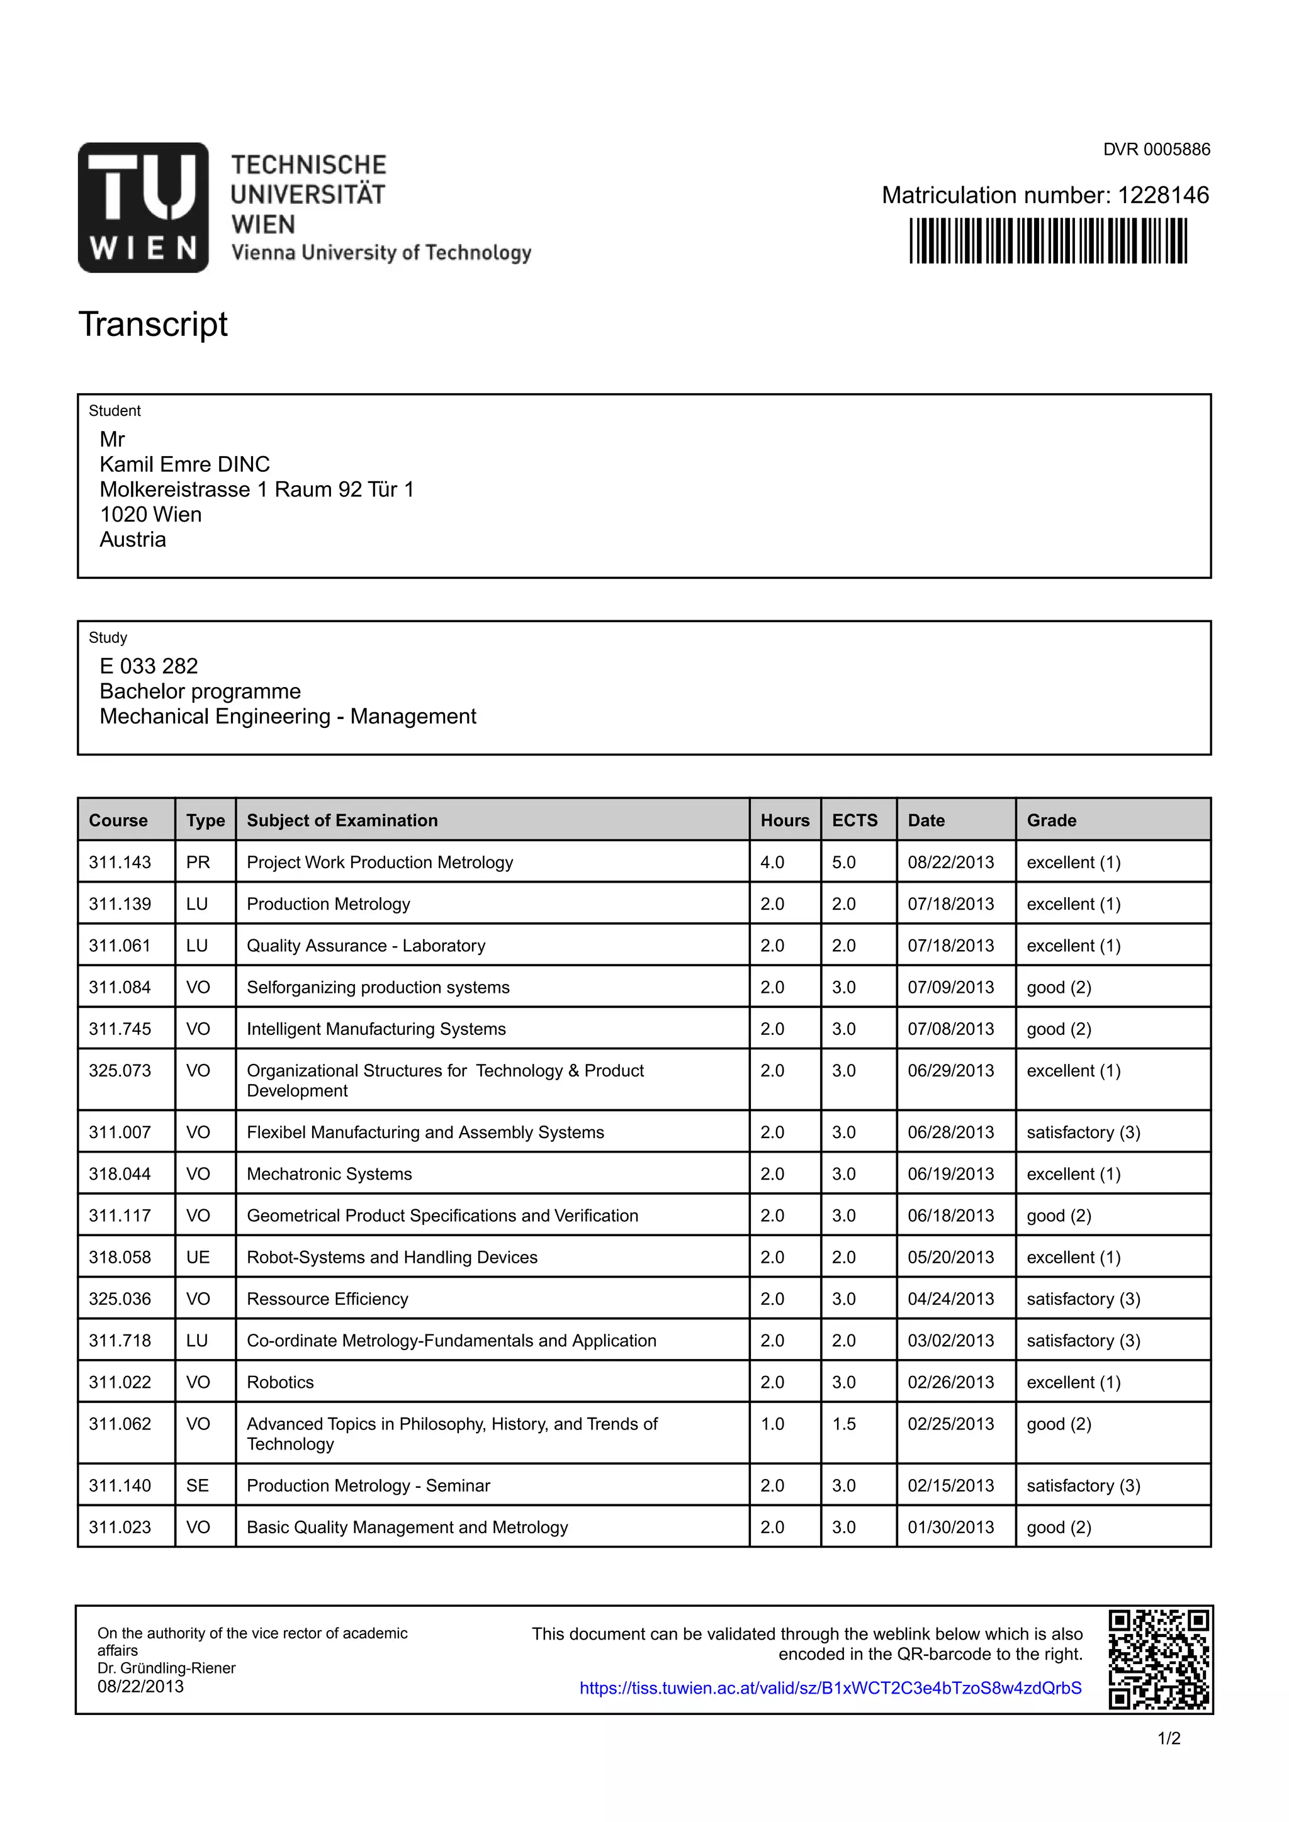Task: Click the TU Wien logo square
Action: coord(143,207)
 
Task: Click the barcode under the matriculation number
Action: coord(1048,240)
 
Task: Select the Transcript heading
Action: coord(153,324)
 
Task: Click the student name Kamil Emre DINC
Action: coord(184,464)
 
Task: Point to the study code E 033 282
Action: coord(149,666)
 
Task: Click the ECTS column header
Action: coord(854,820)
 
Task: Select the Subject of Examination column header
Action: coord(342,820)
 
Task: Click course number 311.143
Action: coord(120,862)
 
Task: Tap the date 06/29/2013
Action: coord(950,1071)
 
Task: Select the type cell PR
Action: coord(198,862)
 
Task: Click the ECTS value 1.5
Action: coord(844,1424)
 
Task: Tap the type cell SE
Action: coord(198,1485)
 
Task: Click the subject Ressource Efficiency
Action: coord(327,1299)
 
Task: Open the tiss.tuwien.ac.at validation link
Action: coord(830,1688)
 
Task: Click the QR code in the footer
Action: coord(1158,1659)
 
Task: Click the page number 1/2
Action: coord(1168,1739)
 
